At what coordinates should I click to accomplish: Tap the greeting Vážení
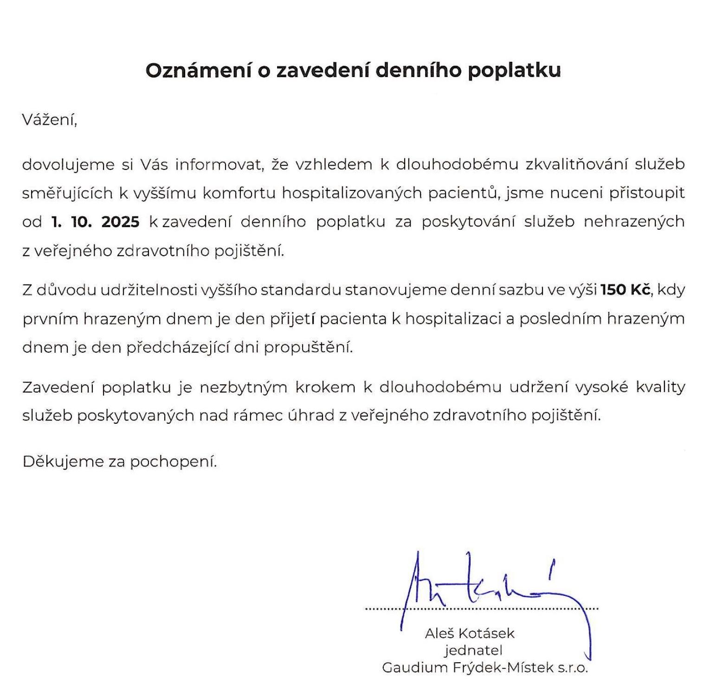coord(49,120)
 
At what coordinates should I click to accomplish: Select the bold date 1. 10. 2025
coord(96,222)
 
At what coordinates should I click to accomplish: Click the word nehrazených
coord(634,222)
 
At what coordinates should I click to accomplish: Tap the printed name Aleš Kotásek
coord(470,633)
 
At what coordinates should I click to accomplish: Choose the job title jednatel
coord(473,650)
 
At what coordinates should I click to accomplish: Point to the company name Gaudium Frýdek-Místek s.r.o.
coord(485,668)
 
